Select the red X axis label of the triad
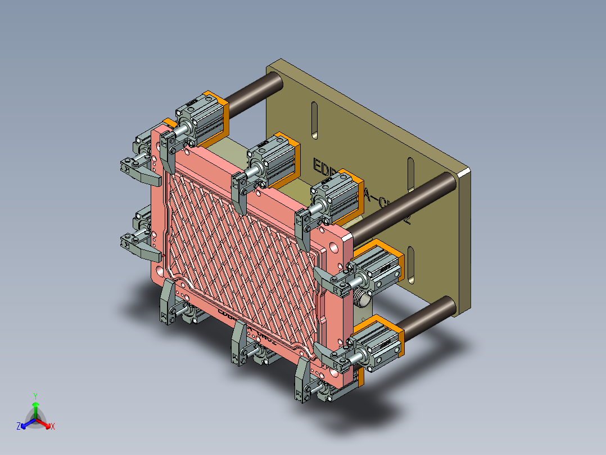tap(53, 427)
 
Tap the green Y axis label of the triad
tap(35, 395)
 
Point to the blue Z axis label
tap(19, 427)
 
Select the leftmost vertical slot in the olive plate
tap(314, 119)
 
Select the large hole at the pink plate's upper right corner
tap(336, 246)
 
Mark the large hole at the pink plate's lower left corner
tap(162, 271)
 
